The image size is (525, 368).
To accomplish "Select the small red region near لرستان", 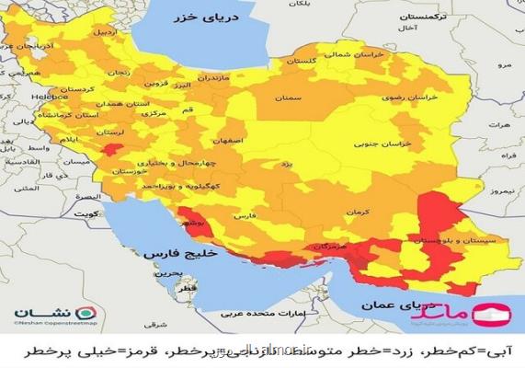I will (111, 150).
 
